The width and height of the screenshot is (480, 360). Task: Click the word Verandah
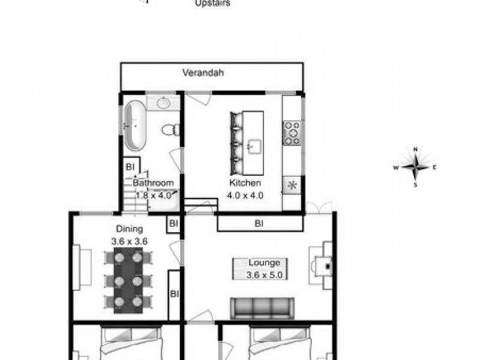(x=203, y=73)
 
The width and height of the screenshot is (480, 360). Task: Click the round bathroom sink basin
(x=163, y=103)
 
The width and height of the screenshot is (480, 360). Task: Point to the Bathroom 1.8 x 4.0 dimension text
(x=153, y=194)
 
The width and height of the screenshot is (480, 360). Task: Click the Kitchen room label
(x=245, y=183)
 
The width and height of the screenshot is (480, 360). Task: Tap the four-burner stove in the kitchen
(x=292, y=133)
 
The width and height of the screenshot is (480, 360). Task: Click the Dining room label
(x=130, y=229)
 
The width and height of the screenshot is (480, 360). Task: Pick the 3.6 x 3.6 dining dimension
(x=130, y=241)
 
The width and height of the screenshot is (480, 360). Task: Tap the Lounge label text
(x=265, y=263)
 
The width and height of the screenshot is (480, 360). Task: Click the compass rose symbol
(x=415, y=167)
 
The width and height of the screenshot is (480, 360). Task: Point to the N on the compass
(x=415, y=149)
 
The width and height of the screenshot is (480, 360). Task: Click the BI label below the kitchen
(x=259, y=224)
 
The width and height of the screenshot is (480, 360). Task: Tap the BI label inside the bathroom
(x=130, y=166)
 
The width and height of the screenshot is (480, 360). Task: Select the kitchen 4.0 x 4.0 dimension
(x=245, y=195)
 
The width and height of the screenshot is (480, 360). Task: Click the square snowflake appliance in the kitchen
(x=292, y=185)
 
